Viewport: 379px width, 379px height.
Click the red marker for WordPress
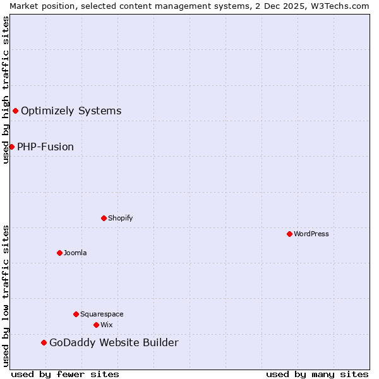289,234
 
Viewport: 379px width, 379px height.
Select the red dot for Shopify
104,218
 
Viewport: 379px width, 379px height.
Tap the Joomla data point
59,253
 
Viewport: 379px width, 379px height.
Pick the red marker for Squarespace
76,314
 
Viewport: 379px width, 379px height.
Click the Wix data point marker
96,325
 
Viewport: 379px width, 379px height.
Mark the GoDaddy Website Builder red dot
44,342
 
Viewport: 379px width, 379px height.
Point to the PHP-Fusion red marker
11,147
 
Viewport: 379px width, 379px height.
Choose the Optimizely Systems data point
15,111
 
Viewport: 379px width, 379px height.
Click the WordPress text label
311,234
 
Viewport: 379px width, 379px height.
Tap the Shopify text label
120,218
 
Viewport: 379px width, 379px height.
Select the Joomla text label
75,253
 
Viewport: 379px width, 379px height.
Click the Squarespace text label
102,314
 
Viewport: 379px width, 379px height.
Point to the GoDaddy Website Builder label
114,342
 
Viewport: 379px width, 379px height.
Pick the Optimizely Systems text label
71,111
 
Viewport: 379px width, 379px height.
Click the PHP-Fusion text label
45,147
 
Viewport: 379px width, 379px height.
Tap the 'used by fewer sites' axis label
65,374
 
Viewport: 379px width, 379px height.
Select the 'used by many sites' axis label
317,374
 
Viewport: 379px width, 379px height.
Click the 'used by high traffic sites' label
6,90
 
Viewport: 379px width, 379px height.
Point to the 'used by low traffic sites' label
6,296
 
